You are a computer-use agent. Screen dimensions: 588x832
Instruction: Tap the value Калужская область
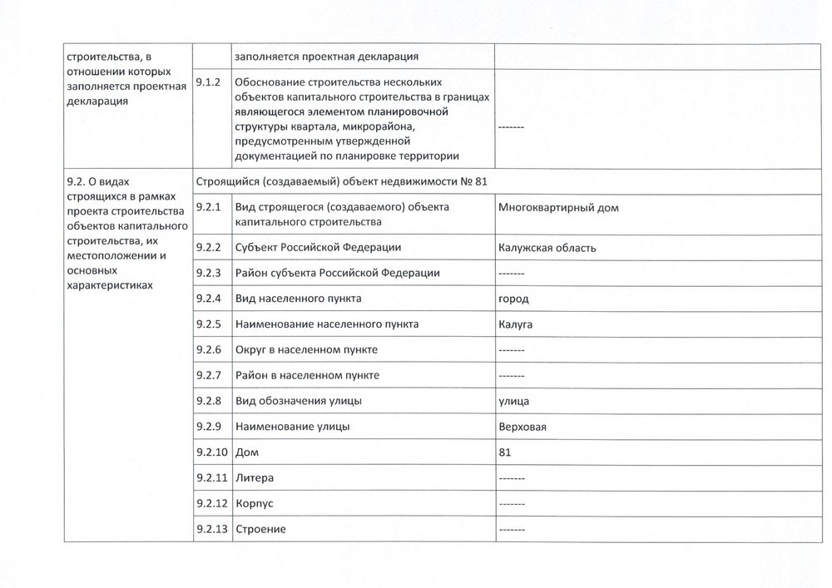547,248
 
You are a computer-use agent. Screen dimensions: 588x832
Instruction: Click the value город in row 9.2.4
513,299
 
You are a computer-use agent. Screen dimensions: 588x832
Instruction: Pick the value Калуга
516,324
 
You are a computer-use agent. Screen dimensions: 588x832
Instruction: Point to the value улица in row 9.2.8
514,402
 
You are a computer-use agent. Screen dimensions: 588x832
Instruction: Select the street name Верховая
522,427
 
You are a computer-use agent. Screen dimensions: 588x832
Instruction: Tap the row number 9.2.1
207,207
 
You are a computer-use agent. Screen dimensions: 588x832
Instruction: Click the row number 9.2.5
207,324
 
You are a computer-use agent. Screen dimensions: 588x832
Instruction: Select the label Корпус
255,505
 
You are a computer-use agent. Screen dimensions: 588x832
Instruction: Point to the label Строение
262,530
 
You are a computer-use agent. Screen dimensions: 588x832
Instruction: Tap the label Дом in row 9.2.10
247,453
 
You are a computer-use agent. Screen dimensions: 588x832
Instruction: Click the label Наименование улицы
292,427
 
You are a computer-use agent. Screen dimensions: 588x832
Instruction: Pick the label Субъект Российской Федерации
319,248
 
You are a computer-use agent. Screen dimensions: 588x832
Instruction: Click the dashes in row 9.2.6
510,350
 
